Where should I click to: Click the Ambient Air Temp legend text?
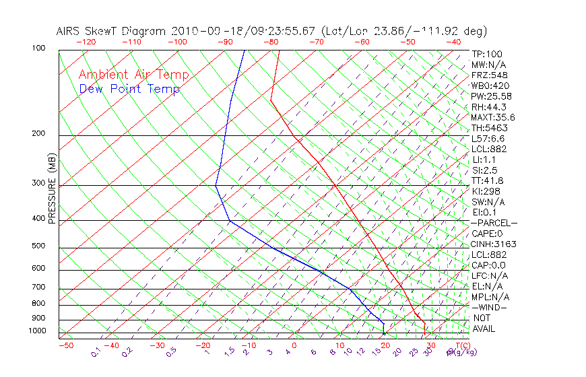pos(133,75)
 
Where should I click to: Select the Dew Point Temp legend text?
pos(129,89)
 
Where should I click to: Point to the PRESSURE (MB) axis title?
pos(52,189)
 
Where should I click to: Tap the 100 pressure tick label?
pos(38,48)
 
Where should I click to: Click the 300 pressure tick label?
pos(38,183)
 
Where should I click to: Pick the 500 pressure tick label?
pos(38,246)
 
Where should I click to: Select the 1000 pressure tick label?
pos(36,331)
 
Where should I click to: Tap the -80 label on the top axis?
pos(271,42)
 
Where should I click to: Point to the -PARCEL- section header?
pos(494,223)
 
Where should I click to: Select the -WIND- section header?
pos(490,307)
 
